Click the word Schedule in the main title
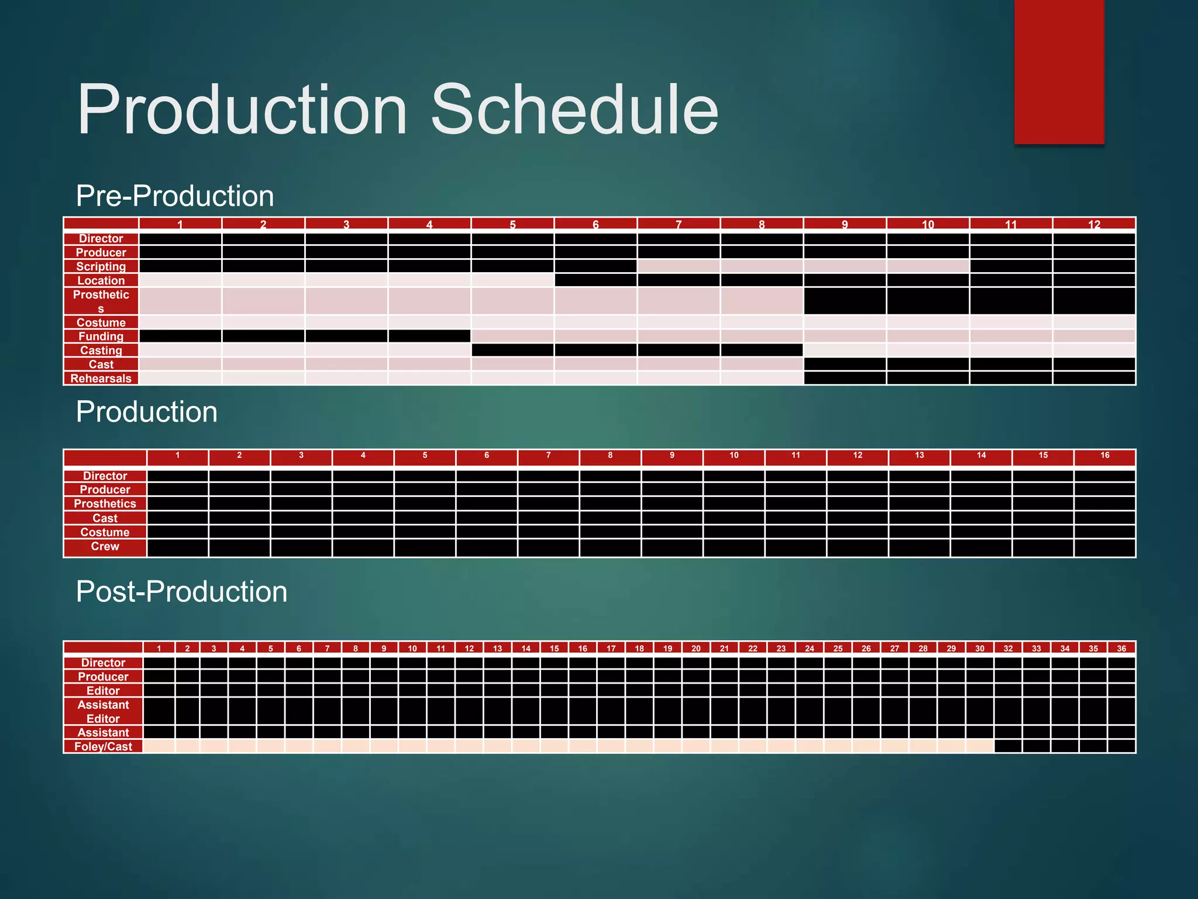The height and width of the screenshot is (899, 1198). click(x=574, y=110)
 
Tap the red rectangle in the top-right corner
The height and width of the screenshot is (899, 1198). click(x=1059, y=71)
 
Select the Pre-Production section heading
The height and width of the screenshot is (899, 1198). click(x=175, y=195)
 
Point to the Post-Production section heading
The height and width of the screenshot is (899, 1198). click(x=181, y=592)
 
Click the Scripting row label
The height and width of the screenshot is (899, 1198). click(x=101, y=266)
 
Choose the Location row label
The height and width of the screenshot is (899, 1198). click(x=101, y=280)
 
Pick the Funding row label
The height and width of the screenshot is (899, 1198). click(x=101, y=336)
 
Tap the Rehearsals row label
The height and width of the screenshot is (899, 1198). click(x=101, y=378)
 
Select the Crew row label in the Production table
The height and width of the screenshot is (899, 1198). click(x=105, y=546)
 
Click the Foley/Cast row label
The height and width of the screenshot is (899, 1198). click(x=104, y=746)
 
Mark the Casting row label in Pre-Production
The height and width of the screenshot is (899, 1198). click(x=101, y=350)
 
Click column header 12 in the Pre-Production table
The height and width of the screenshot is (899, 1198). click(x=1094, y=224)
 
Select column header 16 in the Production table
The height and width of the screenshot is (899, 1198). click(x=1104, y=455)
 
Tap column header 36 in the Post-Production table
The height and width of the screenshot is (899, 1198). click(x=1121, y=648)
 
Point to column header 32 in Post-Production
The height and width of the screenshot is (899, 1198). click(x=1008, y=648)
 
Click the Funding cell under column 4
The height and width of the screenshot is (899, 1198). click(x=429, y=336)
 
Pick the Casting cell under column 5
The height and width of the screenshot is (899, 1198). click(x=512, y=350)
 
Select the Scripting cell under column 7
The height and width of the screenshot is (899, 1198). click(x=679, y=266)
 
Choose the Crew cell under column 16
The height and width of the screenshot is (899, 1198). click(x=1104, y=547)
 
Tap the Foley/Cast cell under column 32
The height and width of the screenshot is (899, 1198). click(x=1008, y=746)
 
